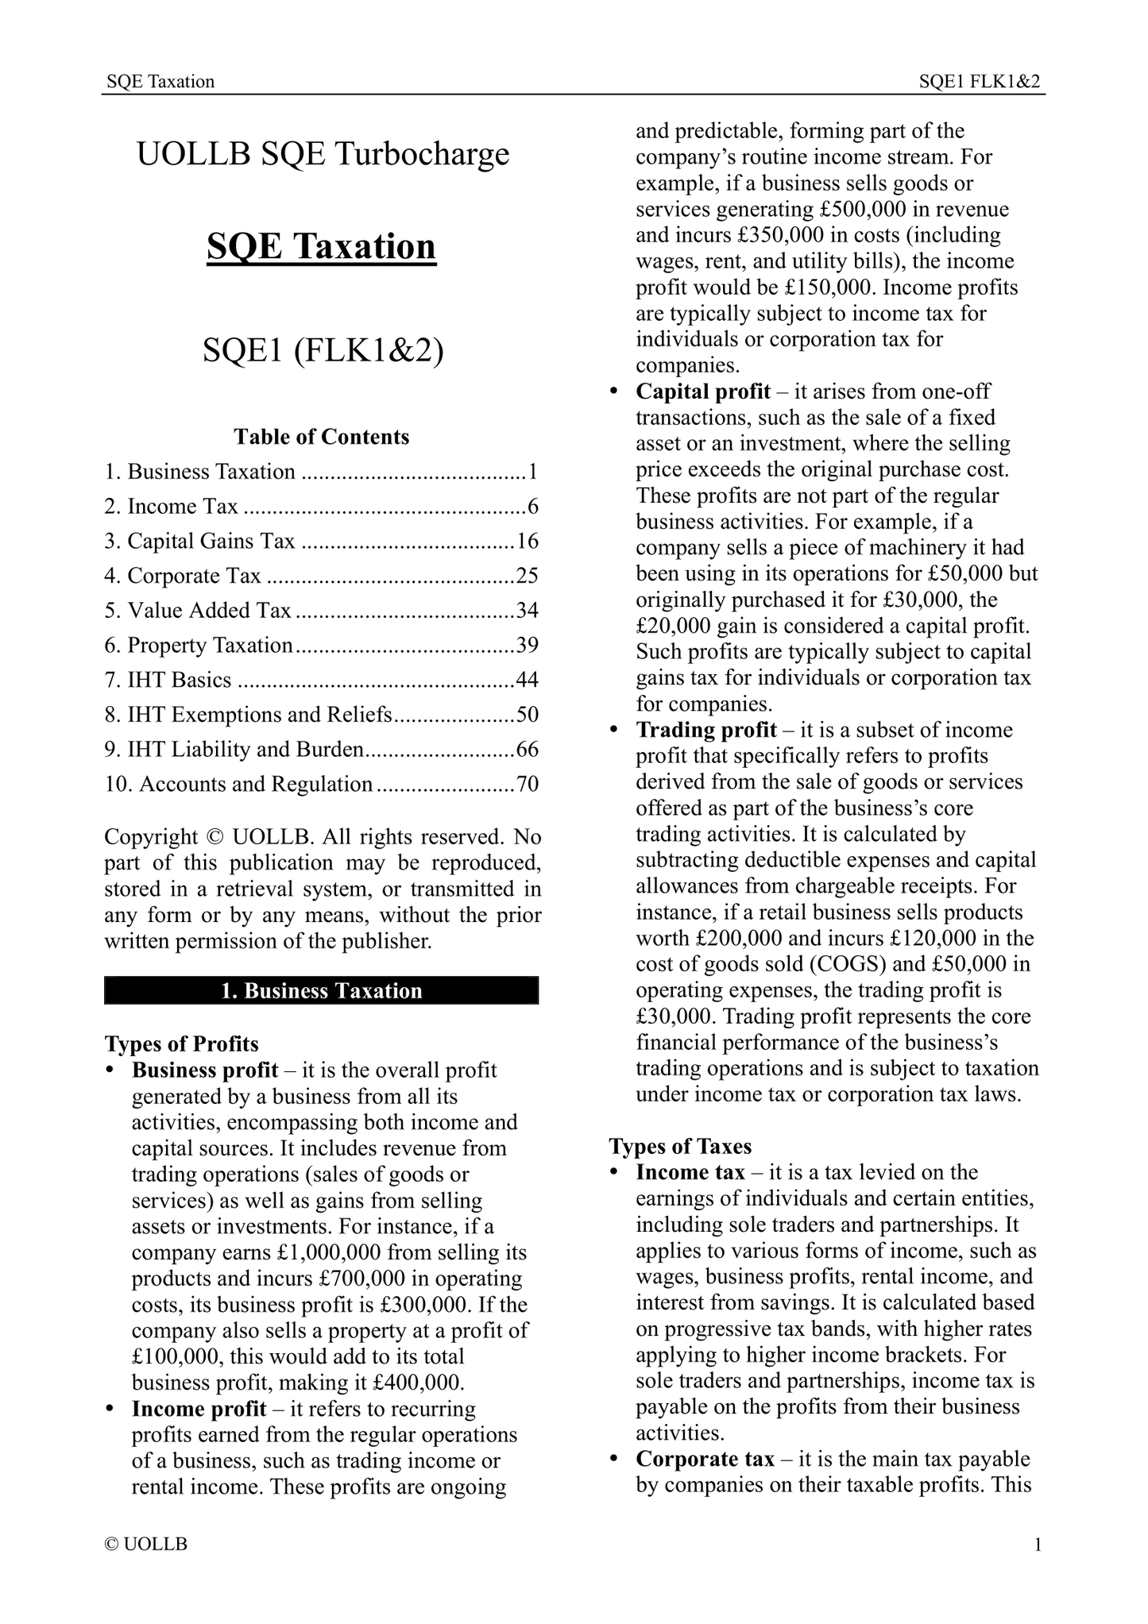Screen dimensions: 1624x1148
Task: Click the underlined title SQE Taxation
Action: [321, 246]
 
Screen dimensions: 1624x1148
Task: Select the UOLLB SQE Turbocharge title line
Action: [323, 153]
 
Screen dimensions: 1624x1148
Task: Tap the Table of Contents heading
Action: [321, 437]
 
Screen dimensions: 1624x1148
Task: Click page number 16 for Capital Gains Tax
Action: [528, 542]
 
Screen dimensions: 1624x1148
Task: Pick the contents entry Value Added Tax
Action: [210, 611]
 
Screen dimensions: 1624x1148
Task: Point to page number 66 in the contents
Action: [528, 750]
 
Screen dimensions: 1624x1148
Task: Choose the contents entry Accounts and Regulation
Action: [238, 785]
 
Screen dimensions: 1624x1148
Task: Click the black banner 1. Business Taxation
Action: [321, 991]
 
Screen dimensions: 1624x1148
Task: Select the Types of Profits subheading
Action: [181, 1044]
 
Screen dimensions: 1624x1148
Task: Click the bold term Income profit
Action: [199, 1410]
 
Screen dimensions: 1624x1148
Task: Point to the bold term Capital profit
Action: [703, 392]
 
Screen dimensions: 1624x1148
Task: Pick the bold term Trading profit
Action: [706, 730]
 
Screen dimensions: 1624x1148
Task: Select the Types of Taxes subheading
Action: [680, 1147]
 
